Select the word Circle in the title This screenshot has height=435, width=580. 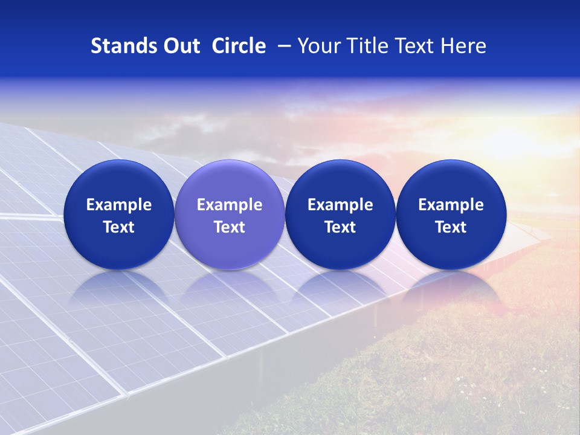point(239,46)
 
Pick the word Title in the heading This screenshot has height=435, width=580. point(365,46)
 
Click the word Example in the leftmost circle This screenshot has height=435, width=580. point(118,205)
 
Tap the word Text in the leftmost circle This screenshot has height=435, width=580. point(118,227)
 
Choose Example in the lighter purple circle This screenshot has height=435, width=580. point(230,205)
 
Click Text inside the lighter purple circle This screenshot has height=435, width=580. point(230,227)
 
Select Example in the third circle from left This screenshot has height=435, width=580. point(340,205)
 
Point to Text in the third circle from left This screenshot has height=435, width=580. point(340,227)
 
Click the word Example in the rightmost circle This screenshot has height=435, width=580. point(451,205)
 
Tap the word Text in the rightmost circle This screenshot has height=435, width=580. point(451,227)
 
